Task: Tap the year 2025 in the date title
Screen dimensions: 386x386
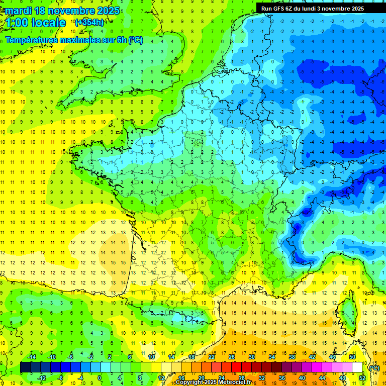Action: coord(106,11)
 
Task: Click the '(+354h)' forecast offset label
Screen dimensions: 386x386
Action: coord(90,23)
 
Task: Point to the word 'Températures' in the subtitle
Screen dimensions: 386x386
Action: coord(31,40)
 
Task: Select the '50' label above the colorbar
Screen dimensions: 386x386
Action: coord(352,356)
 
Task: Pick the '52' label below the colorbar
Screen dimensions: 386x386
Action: coord(362,378)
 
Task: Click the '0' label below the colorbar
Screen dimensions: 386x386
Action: coord(100,378)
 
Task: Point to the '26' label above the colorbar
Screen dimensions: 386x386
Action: coord(232,356)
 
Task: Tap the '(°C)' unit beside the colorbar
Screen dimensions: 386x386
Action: coord(374,367)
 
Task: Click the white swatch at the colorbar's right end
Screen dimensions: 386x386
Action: coord(357,367)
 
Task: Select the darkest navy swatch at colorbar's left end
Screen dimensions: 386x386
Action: coord(25,367)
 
